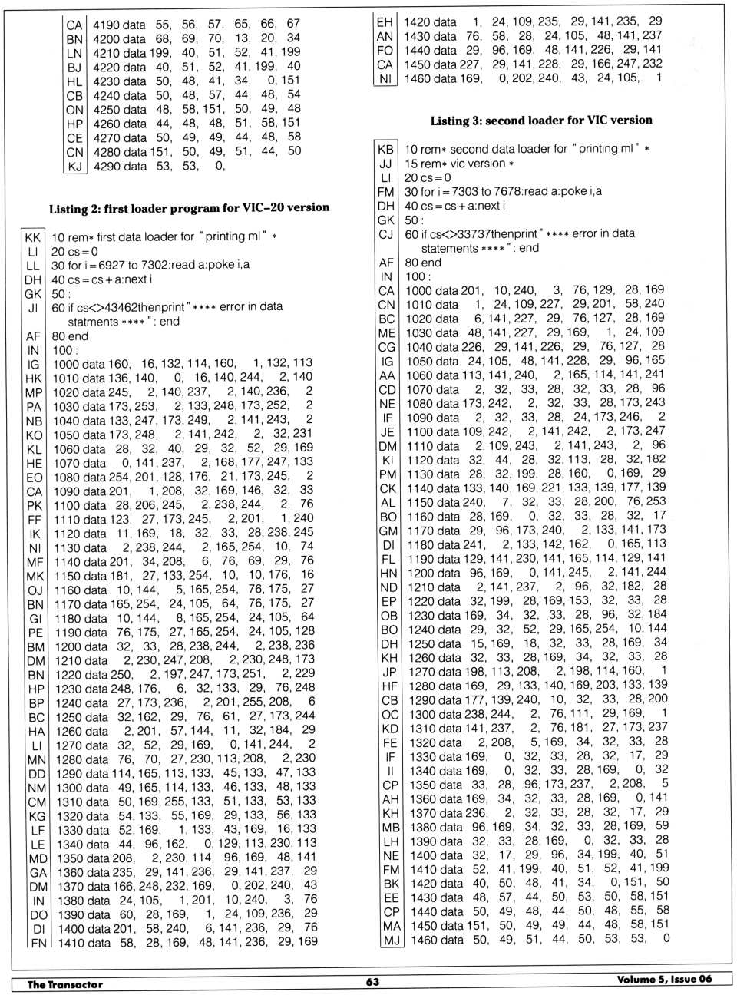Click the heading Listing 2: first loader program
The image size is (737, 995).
[x=189, y=208]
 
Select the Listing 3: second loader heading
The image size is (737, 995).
[x=540, y=121]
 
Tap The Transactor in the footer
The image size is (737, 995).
[x=65, y=984]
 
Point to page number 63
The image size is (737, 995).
[x=372, y=982]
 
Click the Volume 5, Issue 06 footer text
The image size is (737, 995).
[x=664, y=979]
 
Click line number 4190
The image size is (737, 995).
[x=108, y=25]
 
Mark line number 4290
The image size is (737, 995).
[x=108, y=166]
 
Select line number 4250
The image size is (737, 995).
[x=108, y=110]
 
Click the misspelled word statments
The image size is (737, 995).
[x=94, y=322]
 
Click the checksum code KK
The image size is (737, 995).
[x=32, y=237]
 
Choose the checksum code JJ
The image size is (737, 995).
[x=385, y=164]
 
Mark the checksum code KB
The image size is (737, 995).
[x=385, y=149]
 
